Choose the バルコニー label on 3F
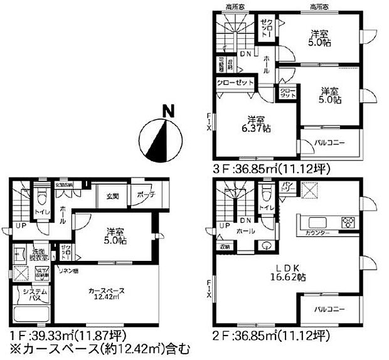tap(329, 143)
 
